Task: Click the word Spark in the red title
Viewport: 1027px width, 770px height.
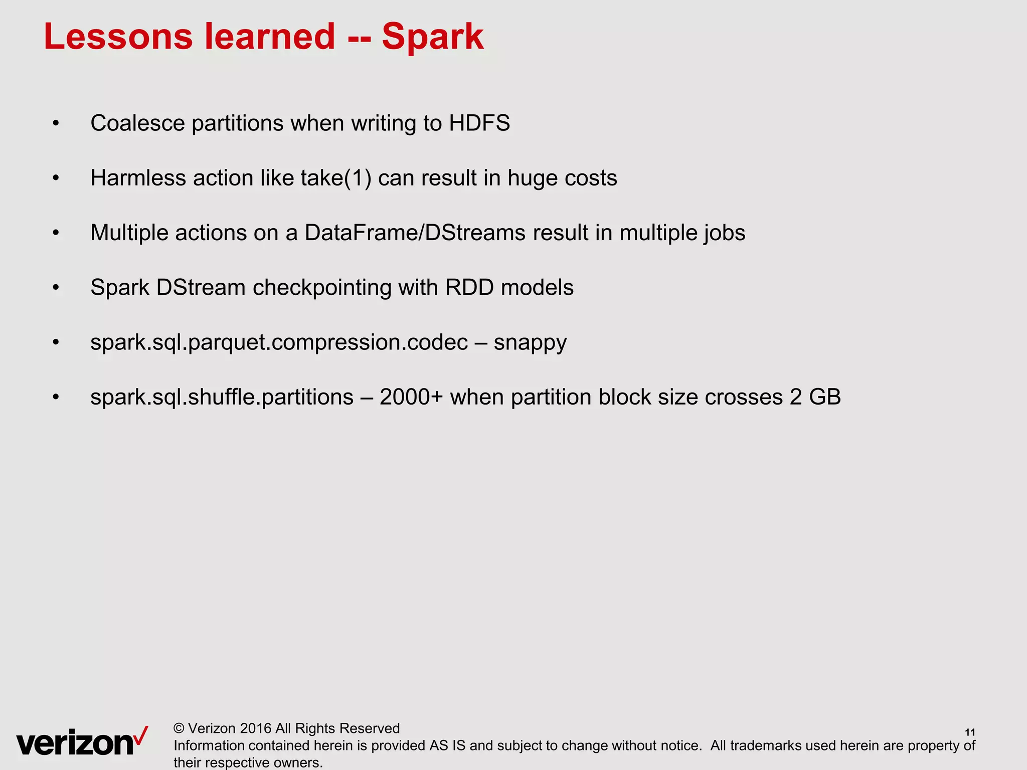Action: pos(432,37)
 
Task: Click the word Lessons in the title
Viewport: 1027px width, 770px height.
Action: pos(118,37)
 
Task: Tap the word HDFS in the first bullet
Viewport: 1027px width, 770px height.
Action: pos(479,123)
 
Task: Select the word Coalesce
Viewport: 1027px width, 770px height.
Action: pos(137,123)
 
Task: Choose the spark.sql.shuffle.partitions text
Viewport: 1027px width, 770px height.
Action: pos(222,398)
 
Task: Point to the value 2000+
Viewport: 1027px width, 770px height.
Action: pos(411,398)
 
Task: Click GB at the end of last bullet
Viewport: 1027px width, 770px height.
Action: pos(824,398)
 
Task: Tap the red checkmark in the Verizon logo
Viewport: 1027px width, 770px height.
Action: pos(141,735)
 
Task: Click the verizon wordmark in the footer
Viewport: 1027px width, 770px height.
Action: pos(75,743)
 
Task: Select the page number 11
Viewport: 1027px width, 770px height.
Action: pos(970,732)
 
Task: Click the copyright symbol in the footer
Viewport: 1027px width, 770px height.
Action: pos(179,728)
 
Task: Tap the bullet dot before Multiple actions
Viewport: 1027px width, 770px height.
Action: pos(56,233)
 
